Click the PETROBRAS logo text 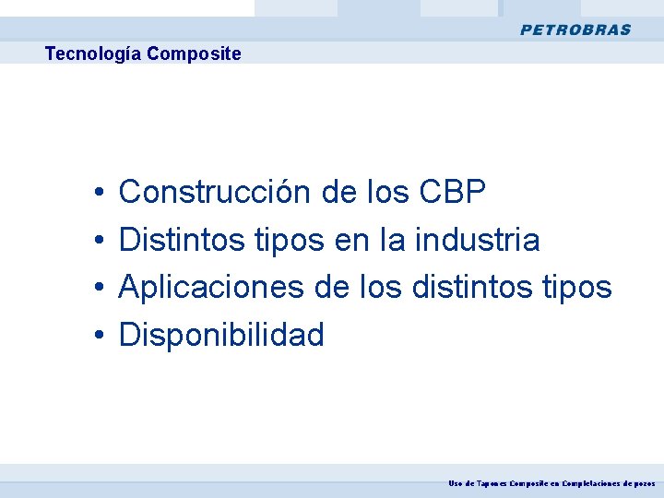click(x=575, y=30)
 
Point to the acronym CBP click(x=452, y=192)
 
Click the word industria click(x=478, y=240)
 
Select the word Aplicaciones click(x=212, y=287)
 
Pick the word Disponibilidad click(x=221, y=335)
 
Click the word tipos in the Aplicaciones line click(x=577, y=287)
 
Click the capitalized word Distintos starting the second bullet click(x=179, y=240)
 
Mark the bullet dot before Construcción click(x=97, y=194)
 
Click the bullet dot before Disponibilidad click(x=97, y=336)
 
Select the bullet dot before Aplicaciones click(x=97, y=289)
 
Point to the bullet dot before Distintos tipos click(x=97, y=242)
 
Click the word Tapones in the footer click(x=492, y=483)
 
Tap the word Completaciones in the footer click(x=594, y=483)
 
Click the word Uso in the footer click(x=456, y=483)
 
